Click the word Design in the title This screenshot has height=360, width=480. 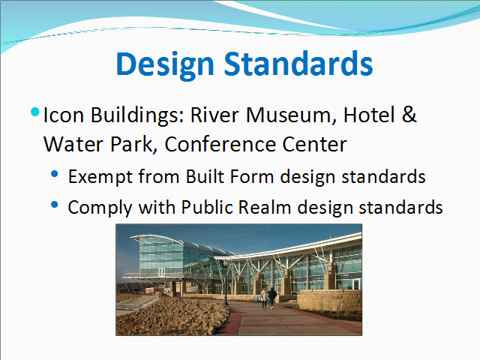165,64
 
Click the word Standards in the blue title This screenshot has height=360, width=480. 298,64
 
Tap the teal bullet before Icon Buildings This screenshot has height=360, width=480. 35,112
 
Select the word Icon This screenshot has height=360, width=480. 64,115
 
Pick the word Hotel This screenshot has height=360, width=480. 369,115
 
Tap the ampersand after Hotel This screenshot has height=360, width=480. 409,115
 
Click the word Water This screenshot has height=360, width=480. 73,144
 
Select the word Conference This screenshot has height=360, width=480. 220,144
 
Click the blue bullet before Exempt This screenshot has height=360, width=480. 55,174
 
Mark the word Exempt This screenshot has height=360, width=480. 100,177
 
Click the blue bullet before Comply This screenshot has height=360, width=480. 55,205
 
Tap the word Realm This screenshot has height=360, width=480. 265,207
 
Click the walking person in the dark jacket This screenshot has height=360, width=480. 271,298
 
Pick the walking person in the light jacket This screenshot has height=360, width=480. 264,298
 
